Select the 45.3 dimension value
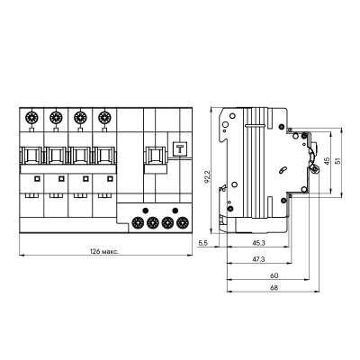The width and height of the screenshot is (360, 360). [259, 242]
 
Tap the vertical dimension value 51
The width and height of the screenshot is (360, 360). [340, 161]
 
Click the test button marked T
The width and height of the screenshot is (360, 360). [178, 150]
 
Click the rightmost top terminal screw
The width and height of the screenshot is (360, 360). [107, 115]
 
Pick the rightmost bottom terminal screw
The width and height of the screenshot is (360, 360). [182, 222]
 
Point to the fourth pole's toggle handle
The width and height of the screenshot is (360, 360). [107, 154]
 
